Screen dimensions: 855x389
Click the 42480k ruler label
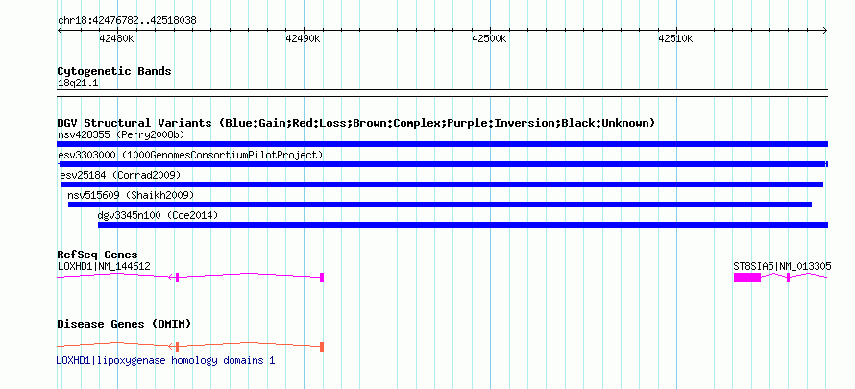116,38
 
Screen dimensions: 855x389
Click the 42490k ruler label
303,38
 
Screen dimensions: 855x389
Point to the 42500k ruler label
490,38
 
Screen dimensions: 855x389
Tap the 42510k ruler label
675,38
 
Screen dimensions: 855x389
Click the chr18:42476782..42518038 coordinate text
127,21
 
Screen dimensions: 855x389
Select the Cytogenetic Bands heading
114,71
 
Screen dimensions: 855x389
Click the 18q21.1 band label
78,84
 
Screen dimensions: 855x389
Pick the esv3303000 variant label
87,156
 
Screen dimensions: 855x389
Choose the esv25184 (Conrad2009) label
120,176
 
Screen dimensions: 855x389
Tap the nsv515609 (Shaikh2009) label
131,195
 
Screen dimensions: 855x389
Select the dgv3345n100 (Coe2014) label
159,216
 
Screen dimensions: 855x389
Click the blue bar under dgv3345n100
463,225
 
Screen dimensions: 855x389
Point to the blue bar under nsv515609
440,205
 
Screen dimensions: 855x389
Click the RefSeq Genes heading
98,255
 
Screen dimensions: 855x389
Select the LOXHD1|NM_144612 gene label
104,266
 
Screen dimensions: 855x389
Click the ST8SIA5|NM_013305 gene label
783,266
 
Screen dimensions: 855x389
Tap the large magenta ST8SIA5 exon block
747,278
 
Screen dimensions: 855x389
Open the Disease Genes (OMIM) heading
124,325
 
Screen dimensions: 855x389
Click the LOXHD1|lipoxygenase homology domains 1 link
166,361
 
